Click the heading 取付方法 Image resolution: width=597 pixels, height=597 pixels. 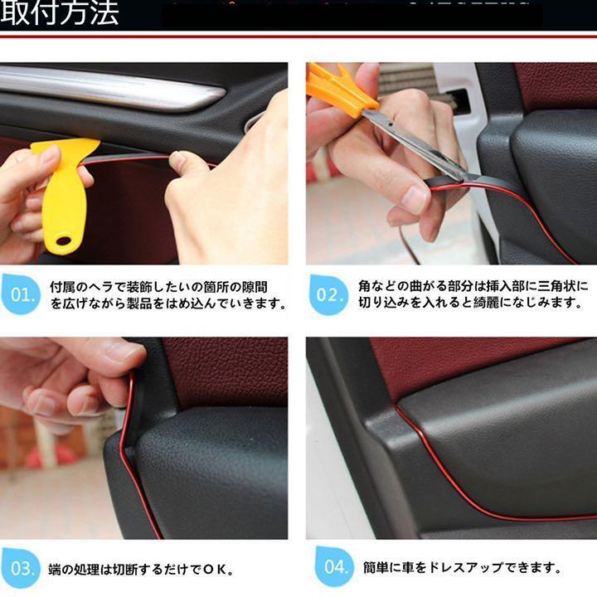point(60,13)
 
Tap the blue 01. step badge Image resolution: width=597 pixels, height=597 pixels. point(21,294)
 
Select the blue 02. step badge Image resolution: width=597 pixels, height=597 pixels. point(329,294)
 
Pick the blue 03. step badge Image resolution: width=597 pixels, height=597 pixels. point(21,568)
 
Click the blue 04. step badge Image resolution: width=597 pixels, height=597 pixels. point(334,567)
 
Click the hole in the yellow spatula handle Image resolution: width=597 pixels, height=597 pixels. point(63,240)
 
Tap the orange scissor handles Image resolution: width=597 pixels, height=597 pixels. point(341,90)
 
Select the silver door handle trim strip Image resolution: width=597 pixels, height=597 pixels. point(110,89)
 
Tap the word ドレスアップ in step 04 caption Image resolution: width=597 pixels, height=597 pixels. point(467,568)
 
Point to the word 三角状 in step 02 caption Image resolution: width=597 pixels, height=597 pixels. point(557,286)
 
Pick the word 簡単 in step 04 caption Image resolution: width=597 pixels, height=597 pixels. point(376,568)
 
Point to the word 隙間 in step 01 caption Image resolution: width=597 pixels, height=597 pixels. point(255,287)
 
